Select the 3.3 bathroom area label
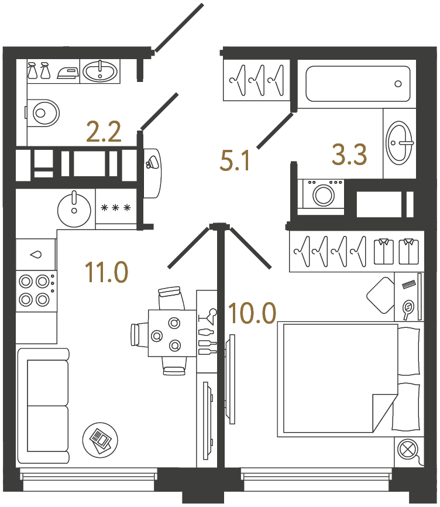point(349,156)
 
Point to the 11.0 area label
point(106,272)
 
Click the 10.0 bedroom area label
point(252,314)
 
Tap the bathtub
point(357,84)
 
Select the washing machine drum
point(323,194)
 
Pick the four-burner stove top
point(34,290)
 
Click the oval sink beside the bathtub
point(401,142)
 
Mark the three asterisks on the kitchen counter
point(115,208)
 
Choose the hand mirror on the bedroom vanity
point(408,307)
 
